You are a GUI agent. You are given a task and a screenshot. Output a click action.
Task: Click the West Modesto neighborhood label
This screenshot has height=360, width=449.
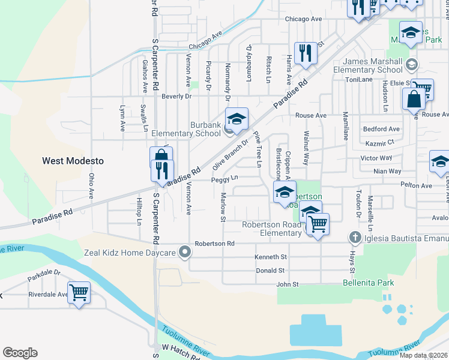[x=73, y=161]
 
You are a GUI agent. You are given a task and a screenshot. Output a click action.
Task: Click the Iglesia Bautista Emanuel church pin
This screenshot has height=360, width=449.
[x=355, y=239]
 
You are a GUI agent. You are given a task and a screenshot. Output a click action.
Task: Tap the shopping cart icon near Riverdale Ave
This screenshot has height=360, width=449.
[x=79, y=293]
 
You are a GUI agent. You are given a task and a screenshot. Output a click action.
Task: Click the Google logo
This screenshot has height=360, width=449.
[x=20, y=353]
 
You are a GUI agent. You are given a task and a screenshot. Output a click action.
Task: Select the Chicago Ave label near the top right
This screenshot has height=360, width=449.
[x=304, y=19]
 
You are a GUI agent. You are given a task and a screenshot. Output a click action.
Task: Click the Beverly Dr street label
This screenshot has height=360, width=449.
[x=176, y=96]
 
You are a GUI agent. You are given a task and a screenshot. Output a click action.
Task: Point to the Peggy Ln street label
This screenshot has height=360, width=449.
[x=224, y=178]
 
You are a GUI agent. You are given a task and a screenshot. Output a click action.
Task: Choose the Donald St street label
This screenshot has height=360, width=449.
[x=270, y=271]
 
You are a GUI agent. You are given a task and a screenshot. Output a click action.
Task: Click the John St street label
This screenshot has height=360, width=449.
[x=287, y=284]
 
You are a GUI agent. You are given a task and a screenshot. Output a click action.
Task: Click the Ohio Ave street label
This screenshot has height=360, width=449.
[x=91, y=186]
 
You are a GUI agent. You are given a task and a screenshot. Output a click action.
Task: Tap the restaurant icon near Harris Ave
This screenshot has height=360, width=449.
[x=306, y=53]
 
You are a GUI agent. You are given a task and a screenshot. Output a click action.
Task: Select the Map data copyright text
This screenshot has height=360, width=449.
[x=423, y=355]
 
